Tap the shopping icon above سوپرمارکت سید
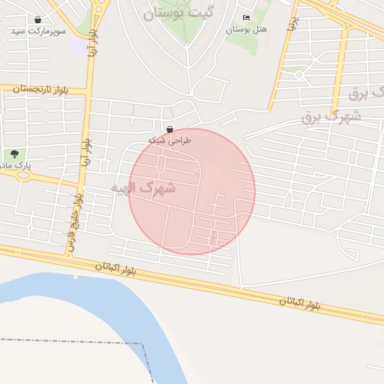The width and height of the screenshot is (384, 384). pos(38,19)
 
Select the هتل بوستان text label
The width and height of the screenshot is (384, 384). pos(247,29)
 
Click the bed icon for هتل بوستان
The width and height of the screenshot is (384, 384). pos(246,18)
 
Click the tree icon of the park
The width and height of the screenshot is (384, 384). pos(15,153)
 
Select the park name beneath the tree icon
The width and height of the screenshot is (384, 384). pos(13,164)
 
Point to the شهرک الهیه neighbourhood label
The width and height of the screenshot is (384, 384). pos(143,187)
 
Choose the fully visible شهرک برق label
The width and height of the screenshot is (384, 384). pos(331,116)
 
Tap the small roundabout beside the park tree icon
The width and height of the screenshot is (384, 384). pos(23,176)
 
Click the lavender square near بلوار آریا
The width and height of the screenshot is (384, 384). pos(77,44)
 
